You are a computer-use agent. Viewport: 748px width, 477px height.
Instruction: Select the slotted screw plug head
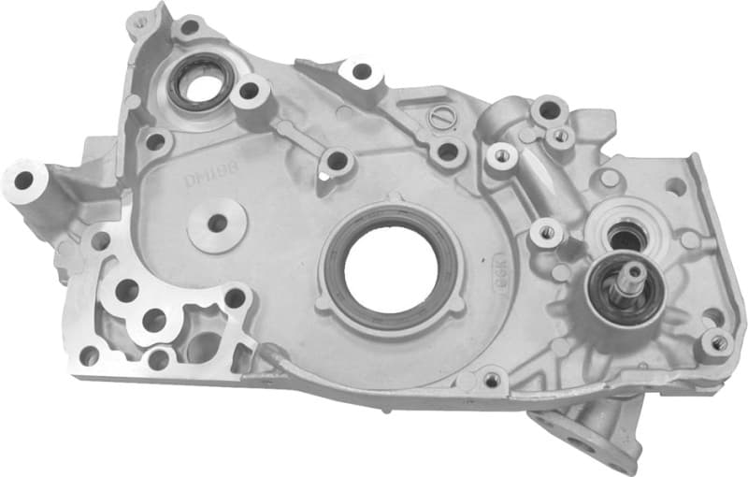point(444,119)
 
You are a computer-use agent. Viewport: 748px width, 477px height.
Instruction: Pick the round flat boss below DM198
point(217,224)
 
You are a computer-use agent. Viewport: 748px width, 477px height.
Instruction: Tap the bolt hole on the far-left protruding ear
point(21,178)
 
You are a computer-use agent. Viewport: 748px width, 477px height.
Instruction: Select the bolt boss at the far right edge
point(717,343)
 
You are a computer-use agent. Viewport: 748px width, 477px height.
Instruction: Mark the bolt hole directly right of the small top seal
point(249,91)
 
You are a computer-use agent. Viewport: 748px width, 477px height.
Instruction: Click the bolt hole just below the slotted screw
point(448,150)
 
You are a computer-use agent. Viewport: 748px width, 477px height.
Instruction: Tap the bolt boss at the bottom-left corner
point(89,355)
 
